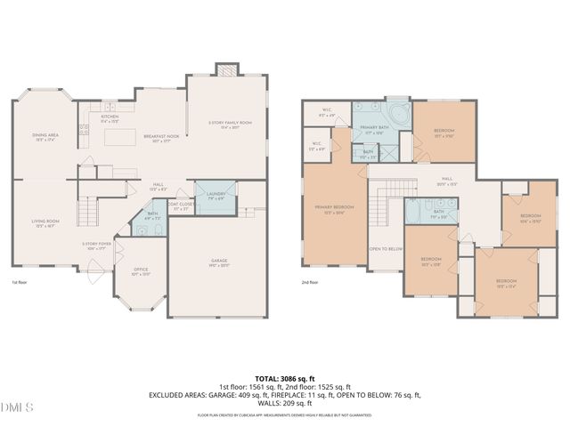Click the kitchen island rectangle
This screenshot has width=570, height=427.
116,139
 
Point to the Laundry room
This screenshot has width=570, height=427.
216,197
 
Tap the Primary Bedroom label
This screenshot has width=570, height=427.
334,209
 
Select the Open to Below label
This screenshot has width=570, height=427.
387,249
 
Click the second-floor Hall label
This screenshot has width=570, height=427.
445,181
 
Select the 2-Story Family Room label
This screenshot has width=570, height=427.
230,125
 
